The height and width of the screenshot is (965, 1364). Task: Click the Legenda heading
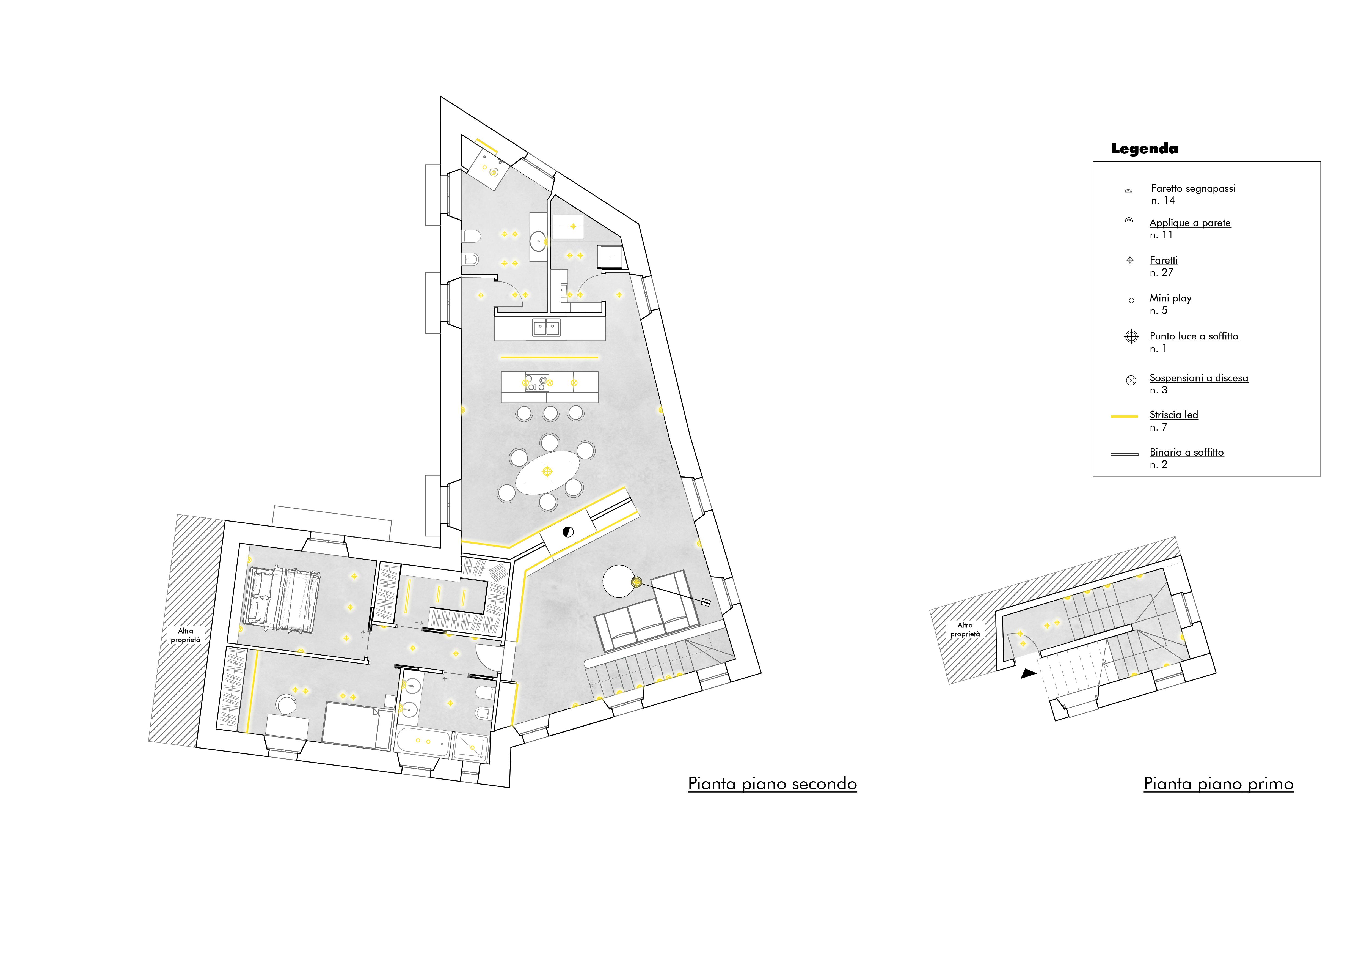click(x=1144, y=149)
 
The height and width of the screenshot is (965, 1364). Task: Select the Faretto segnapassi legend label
click(x=1193, y=188)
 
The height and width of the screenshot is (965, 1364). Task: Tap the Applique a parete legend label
click(x=1190, y=223)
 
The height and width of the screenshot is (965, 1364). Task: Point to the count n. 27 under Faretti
click(x=1161, y=272)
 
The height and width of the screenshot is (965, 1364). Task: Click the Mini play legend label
click(x=1170, y=298)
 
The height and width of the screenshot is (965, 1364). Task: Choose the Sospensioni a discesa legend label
click(x=1198, y=378)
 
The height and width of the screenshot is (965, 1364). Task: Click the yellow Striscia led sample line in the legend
click(x=1124, y=416)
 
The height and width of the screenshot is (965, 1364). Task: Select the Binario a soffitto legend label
click(x=1186, y=452)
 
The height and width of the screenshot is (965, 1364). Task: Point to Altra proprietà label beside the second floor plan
click(x=185, y=635)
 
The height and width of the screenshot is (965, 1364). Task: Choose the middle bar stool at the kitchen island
click(x=550, y=413)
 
